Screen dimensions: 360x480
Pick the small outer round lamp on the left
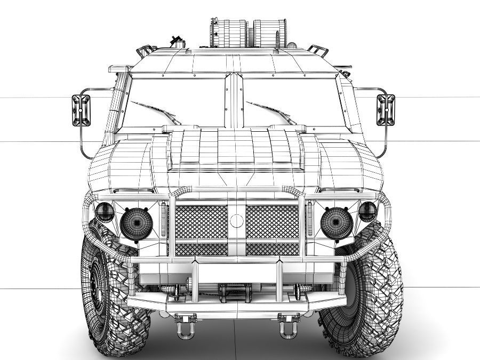[103, 212]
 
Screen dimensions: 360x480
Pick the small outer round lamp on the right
[367, 212]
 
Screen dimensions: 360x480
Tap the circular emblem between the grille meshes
[235, 220]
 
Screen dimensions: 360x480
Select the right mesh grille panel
[272, 222]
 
